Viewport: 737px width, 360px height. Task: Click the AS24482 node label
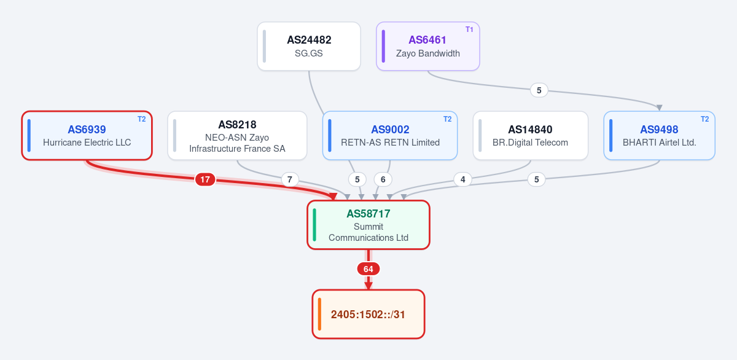(x=309, y=40)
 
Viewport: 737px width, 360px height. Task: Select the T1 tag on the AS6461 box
(x=469, y=29)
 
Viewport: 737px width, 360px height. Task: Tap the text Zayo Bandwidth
(x=427, y=53)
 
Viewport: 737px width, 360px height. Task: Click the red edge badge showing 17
(x=205, y=179)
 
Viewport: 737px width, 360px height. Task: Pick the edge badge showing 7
(x=289, y=179)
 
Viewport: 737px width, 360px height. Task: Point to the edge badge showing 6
(x=383, y=179)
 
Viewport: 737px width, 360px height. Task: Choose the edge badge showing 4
(x=462, y=179)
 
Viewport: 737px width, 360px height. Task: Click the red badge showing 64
(x=368, y=269)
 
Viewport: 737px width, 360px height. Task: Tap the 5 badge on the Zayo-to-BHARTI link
(x=539, y=90)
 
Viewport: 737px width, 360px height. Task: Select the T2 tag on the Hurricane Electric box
(x=141, y=119)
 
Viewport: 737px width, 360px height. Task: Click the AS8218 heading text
(x=237, y=125)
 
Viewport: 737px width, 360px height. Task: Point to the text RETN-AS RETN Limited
(x=390, y=143)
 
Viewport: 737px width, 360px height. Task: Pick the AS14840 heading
(x=530, y=130)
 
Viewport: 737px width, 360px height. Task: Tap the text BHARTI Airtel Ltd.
(x=660, y=143)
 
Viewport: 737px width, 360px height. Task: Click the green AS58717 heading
(x=368, y=214)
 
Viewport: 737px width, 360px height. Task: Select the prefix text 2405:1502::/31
(x=368, y=315)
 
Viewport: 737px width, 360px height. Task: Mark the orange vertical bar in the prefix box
(x=319, y=314)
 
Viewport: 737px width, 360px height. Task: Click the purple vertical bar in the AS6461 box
(x=383, y=46)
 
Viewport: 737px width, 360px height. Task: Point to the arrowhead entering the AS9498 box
(x=659, y=108)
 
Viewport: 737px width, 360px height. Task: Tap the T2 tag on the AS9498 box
(x=705, y=119)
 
